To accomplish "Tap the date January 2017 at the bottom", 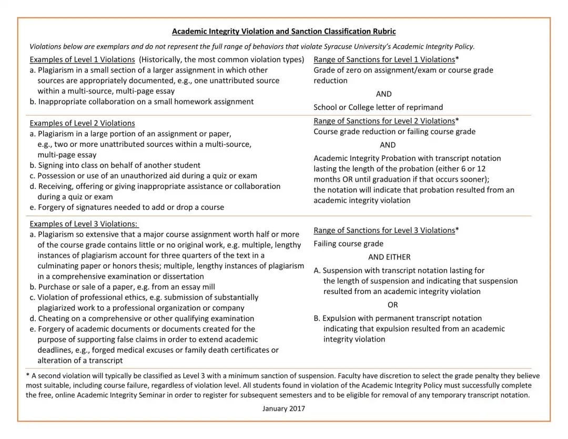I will (284, 409).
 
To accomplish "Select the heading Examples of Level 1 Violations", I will (82, 59).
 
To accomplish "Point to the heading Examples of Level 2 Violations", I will (82, 123).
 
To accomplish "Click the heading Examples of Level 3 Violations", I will (84, 223).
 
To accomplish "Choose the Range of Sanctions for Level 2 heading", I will (384, 121).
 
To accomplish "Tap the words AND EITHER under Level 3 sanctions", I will (389, 257).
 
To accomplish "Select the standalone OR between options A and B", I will (393, 305).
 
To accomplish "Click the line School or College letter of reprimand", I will (378, 107).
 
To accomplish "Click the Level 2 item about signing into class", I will (115, 165).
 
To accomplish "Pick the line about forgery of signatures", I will (127, 207).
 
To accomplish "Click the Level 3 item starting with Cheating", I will (142, 319).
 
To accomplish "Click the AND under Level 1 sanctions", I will (384, 94).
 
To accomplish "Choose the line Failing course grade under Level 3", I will (349, 244).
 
